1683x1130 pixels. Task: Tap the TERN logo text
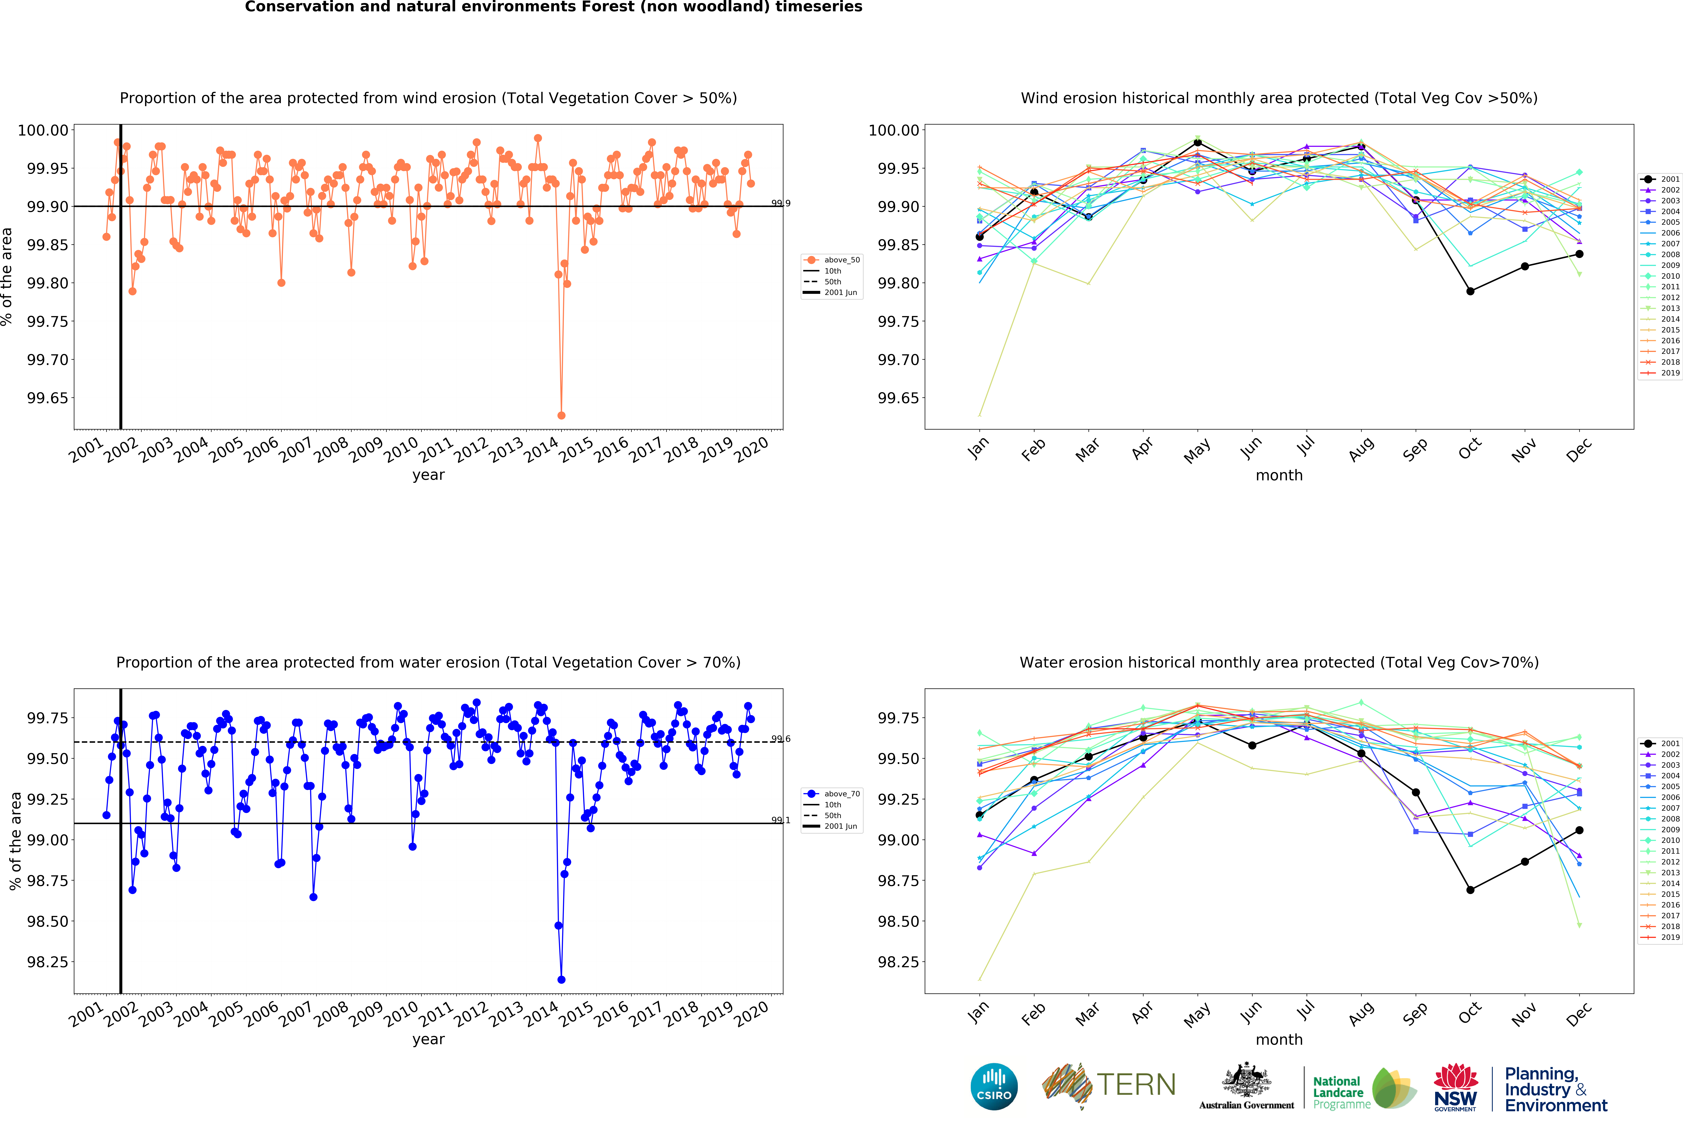click(x=1136, y=1085)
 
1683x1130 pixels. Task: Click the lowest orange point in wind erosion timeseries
click(x=561, y=416)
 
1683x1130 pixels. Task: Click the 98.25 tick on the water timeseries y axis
click(x=48, y=962)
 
